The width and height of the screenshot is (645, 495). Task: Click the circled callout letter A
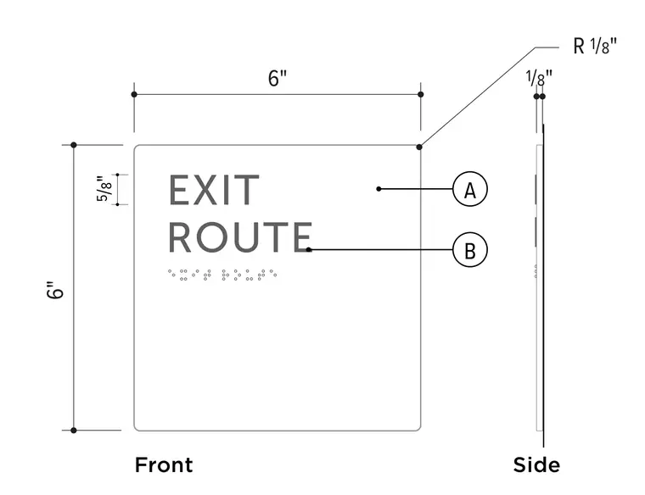[x=470, y=189]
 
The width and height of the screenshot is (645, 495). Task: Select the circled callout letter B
[x=470, y=250]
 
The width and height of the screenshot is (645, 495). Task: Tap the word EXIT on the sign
[x=214, y=190]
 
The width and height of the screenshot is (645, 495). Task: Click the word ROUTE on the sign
[x=240, y=236]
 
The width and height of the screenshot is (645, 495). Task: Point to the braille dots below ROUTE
[x=222, y=275]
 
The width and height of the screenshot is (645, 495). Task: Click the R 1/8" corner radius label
[x=595, y=46]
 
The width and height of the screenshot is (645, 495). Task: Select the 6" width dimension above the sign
[x=278, y=78]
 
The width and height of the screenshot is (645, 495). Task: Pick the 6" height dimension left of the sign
[x=55, y=290]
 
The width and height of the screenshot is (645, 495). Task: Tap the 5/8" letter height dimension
[x=104, y=189]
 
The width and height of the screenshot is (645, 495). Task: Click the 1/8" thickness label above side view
[x=539, y=78]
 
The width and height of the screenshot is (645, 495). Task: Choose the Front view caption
[x=164, y=465]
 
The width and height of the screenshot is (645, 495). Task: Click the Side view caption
[x=536, y=465]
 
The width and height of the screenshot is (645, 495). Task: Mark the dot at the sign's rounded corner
[x=419, y=147]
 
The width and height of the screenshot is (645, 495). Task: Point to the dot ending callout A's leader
[x=379, y=189]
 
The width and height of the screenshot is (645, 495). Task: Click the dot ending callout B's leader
[x=309, y=249]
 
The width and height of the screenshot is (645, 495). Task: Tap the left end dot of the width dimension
[x=134, y=94]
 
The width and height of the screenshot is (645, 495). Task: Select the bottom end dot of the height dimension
[x=74, y=431]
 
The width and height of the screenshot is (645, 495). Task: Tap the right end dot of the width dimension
[x=420, y=94]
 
